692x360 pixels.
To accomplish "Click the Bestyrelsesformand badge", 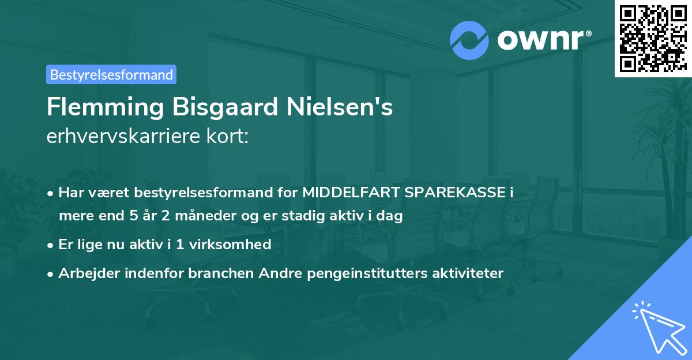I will coord(111,74).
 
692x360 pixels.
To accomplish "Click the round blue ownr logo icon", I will coord(469,40).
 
